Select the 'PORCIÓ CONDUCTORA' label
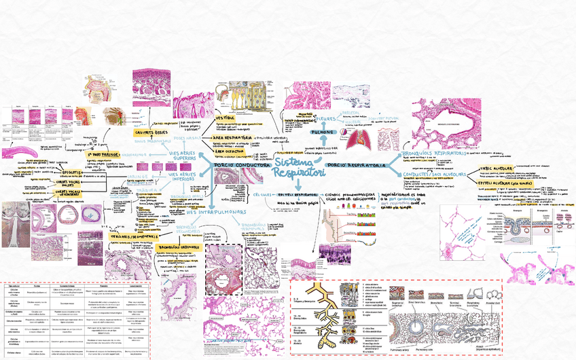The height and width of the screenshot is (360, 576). pyautogui.click(x=241, y=165)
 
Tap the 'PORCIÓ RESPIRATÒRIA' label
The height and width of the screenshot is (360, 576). pyautogui.click(x=358, y=166)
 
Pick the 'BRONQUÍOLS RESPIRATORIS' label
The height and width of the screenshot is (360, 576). pyautogui.click(x=435, y=155)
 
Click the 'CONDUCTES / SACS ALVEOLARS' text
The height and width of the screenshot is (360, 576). pyautogui.click(x=434, y=175)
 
